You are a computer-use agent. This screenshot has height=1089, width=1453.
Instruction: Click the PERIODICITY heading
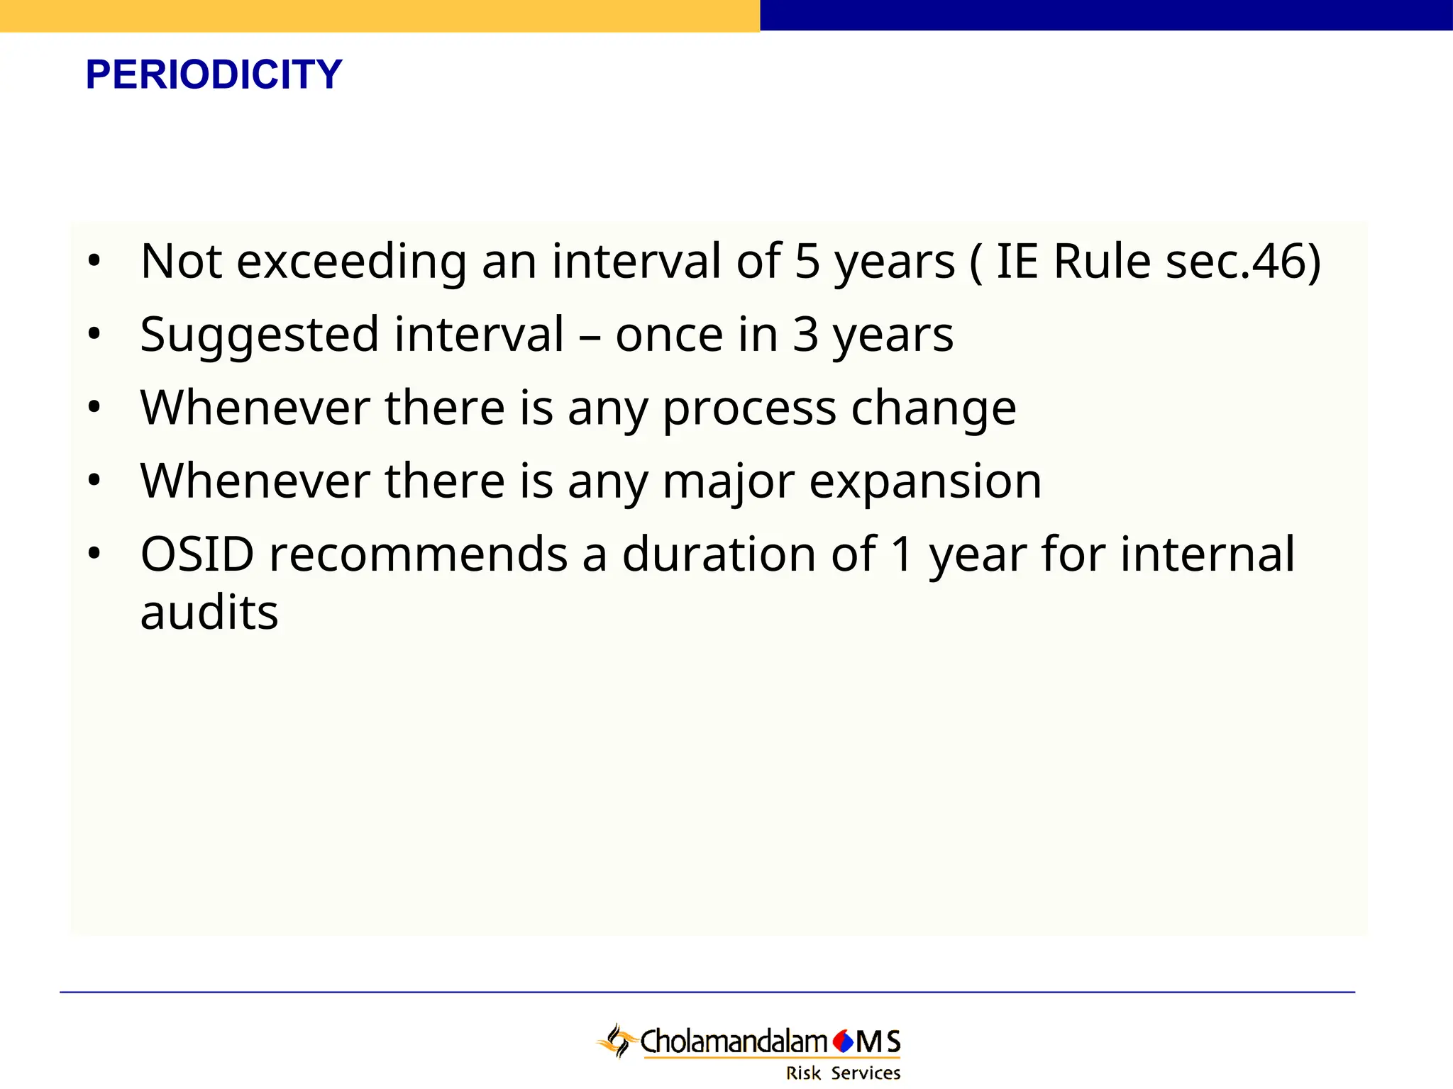pyautogui.click(x=214, y=74)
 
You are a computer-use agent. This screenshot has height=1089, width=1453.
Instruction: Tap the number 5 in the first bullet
pyautogui.click(x=807, y=262)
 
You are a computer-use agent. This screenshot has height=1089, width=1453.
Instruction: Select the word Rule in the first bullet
pyautogui.click(x=1102, y=262)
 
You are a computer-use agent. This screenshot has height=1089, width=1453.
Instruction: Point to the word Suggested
pyautogui.click(x=259, y=336)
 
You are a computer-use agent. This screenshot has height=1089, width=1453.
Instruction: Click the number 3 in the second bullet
pyautogui.click(x=805, y=335)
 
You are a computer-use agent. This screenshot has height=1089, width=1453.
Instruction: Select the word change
pyautogui.click(x=933, y=408)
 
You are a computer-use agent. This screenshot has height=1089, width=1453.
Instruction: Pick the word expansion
pyautogui.click(x=925, y=483)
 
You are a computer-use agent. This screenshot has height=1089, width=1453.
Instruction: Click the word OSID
pyautogui.click(x=197, y=554)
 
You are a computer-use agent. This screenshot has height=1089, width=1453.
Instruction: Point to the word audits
pyautogui.click(x=209, y=613)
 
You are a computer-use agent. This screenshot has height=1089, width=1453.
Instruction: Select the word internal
pyautogui.click(x=1208, y=554)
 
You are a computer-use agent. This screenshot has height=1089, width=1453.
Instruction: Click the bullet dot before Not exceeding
pyautogui.click(x=94, y=262)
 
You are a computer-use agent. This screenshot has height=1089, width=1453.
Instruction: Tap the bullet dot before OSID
pyautogui.click(x=94, y=554)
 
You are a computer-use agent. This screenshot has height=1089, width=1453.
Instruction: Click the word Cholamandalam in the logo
pyautogui.click(x=734, y=1041)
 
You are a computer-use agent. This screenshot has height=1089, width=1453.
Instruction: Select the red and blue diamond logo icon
pyautogui.click(x=843, y=1041)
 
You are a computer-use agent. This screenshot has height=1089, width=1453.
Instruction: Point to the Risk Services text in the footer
pyautogui.click(x=843, y=1073)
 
